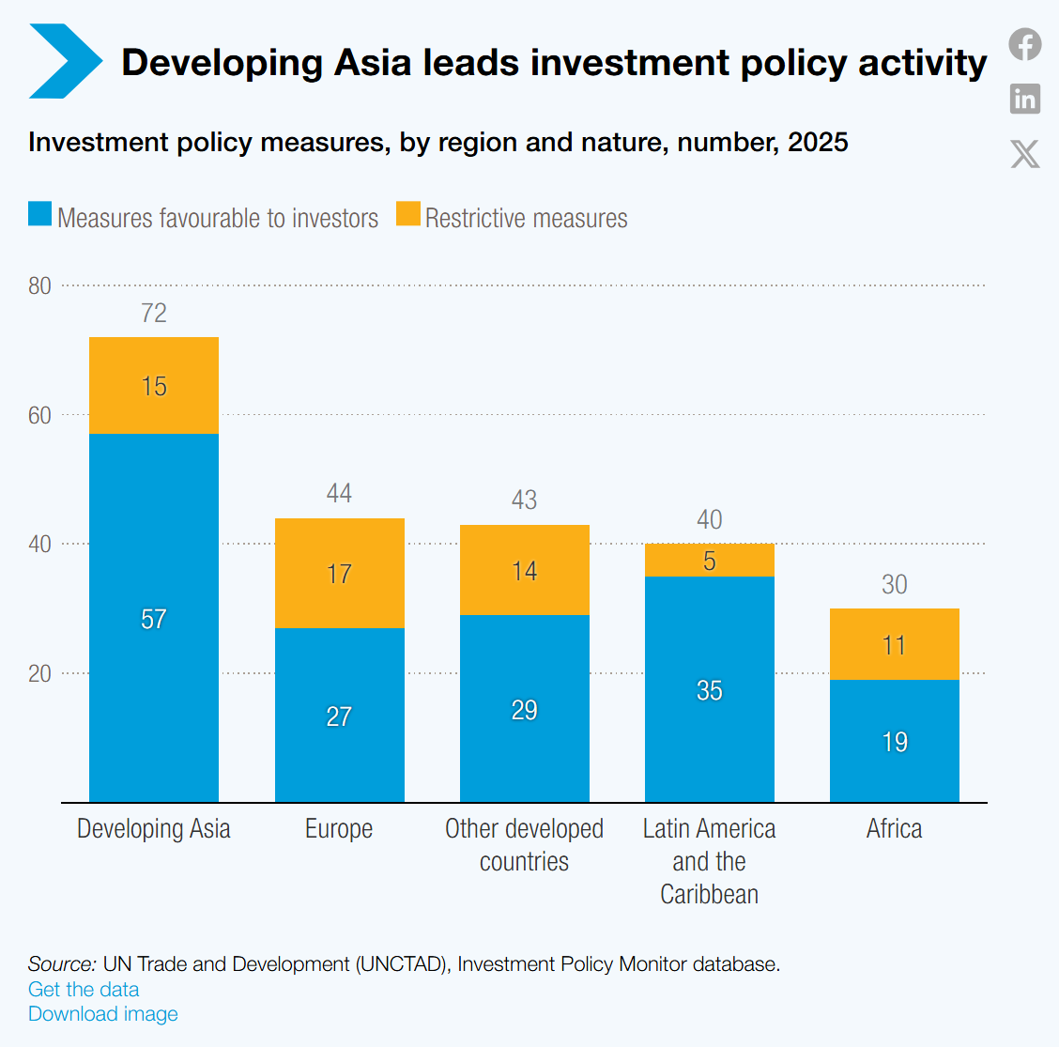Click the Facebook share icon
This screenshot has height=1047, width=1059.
coord(1025,44)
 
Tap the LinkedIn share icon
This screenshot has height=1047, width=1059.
coord(1025,99)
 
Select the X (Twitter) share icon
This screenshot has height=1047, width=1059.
coord(1025,154)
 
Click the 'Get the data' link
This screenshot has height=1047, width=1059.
coord(84,989)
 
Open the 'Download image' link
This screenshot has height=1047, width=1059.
coord(103,1014)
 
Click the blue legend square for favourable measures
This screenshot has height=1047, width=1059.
coord(39,213)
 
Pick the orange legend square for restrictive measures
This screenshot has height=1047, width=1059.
coord(408,213)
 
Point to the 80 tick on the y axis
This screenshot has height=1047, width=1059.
coord(39,285)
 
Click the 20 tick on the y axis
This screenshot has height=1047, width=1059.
coord(39,673)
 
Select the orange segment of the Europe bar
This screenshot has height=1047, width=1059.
coord(340,574)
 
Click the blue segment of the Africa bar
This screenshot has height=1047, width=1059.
coord(894,741)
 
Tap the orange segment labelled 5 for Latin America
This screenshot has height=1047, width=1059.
coord(709,560)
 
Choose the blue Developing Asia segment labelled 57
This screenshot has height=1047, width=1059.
coord(154,618)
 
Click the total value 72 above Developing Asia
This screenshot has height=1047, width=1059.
coord(154,313)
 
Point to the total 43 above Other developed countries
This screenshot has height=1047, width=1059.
coord(524,500)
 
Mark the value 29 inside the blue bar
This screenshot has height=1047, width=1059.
coord(524,710)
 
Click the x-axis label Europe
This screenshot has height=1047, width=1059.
coord(339,829)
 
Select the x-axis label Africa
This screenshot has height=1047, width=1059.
coord(894,829)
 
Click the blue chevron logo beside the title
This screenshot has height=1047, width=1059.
coord(66,61)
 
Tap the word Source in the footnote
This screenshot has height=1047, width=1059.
coord(62,964)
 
